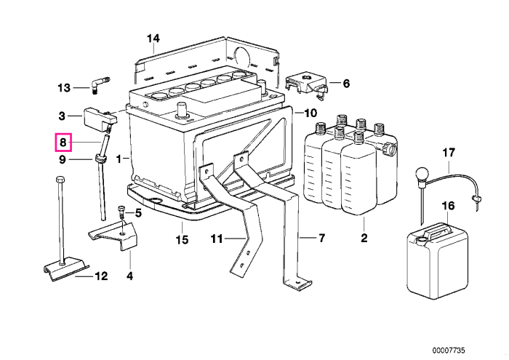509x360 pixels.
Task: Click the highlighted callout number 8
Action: click(x=63, y=143)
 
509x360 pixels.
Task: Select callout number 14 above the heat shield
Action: click(x=153, y=39)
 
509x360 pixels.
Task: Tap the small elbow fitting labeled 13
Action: click(x=97, y=84)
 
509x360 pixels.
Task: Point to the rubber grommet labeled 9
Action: click(x=100, y=159)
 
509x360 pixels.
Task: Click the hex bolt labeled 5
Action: click(x=121, y=212)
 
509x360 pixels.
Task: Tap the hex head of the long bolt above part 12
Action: click(x=60, y=180)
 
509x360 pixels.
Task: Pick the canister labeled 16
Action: click(x=437, y=261)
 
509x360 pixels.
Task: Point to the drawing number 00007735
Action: click(x=449, y=351)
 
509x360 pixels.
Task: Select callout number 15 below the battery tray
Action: click(x=182, y=240)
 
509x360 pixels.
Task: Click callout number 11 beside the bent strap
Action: click(x=217, y=239)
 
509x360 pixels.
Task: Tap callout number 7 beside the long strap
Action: click(x=321, y=239)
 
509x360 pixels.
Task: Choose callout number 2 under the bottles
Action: click(x=364, y=238)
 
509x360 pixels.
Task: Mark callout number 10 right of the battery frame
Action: click(x=310, y=113)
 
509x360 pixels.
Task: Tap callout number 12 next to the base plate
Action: click(x=101, y=276)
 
